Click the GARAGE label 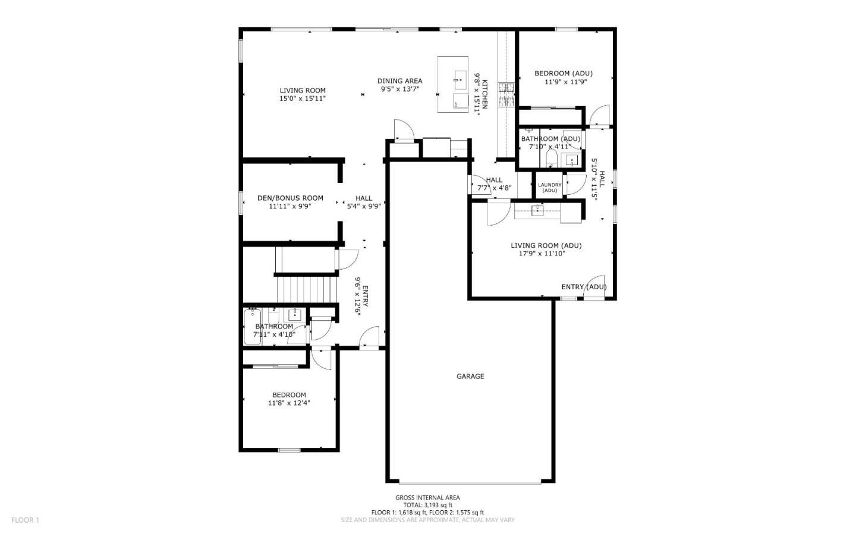470,376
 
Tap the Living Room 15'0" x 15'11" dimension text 303,99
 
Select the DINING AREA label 399,81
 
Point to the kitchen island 453,84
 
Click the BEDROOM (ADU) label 563,74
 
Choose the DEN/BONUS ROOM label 290,198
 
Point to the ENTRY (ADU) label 584,287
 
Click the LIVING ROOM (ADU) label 546,245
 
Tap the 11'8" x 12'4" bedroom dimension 289,403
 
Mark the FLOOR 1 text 25,520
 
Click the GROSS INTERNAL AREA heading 427,498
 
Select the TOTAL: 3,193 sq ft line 427,505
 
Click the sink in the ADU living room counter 537,210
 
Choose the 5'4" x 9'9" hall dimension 364,206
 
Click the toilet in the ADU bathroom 550,158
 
